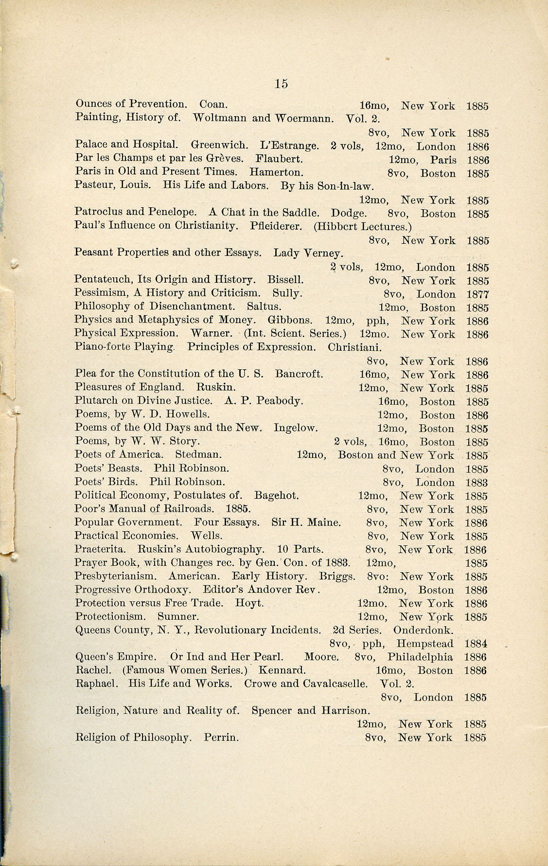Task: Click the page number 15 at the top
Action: [281, 84]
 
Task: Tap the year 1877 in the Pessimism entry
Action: [477, 294]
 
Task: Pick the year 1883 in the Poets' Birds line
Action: [477, 483]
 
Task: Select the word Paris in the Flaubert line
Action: [443, 160]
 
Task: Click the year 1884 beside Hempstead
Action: [476, 644]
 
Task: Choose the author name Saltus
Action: [264, 307]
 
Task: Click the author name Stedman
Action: [198, 454]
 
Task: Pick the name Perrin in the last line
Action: [221, 737]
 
